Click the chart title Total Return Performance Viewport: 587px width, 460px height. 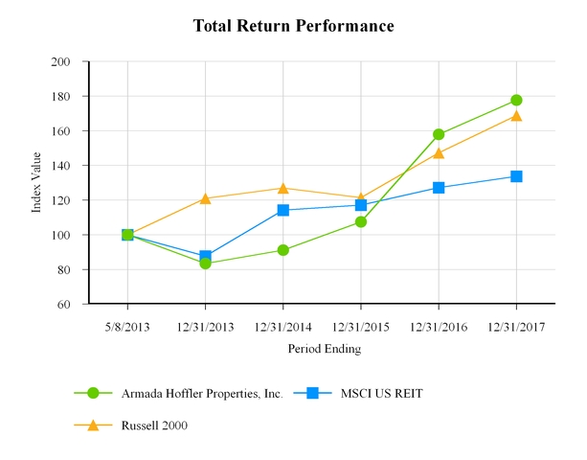tap(293, 26)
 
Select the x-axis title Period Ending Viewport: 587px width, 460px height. tap(325, 349)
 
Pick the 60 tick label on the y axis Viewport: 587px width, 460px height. tap(64, 304)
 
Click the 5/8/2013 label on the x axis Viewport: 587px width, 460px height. tap(127, 326)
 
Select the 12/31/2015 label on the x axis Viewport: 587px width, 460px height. tap(361, 326)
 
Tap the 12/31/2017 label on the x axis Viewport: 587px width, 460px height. tap(516, 326)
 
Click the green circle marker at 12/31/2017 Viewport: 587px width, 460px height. tap(516, 100)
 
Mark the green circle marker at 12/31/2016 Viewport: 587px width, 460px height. tap(439, 134)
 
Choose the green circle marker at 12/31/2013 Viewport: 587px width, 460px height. tap(205, 263)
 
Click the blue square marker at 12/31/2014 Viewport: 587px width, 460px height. tap(282, 210)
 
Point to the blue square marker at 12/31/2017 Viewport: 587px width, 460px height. tap(516, 176)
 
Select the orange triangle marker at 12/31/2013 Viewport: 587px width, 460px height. tap(205, 198)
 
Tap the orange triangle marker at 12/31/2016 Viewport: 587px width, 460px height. tap(439, 152)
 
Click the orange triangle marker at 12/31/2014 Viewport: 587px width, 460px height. tap(282, 188)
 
